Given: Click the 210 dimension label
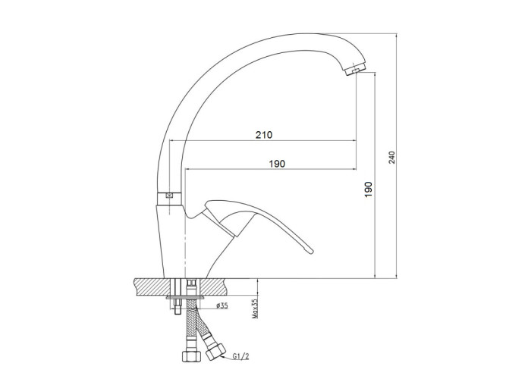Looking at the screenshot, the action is (264, 135).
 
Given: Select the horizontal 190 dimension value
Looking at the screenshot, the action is (277, 164).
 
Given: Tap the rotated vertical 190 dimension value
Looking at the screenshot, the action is (369, 189).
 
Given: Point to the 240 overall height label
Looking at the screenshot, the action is (392, 158).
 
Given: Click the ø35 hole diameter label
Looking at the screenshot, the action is (222, 306).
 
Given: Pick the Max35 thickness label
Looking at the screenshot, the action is (255, 309).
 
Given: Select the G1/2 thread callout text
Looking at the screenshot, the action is (240, 356).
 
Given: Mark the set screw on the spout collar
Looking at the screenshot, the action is (168, 196).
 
